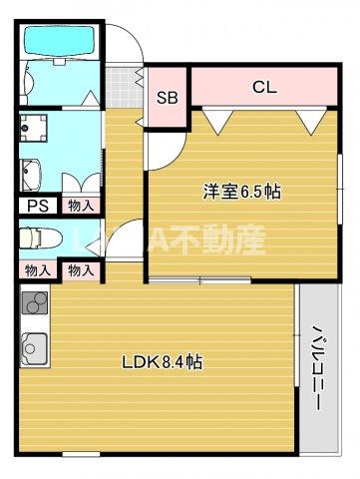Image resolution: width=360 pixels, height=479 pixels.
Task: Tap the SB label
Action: (x=169, y=98)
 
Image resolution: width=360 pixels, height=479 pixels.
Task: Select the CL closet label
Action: (x=263, y=86)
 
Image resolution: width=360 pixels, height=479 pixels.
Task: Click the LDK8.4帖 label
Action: (x=163, y=362)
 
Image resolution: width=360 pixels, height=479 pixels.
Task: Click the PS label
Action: (x=38, y=206)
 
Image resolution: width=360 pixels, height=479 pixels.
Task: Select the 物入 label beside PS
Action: (x=81, y=206)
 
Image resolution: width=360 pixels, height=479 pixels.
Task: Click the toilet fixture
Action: (x=38, y=239)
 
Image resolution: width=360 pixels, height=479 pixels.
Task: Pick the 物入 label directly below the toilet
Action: (x=38, y=270)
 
